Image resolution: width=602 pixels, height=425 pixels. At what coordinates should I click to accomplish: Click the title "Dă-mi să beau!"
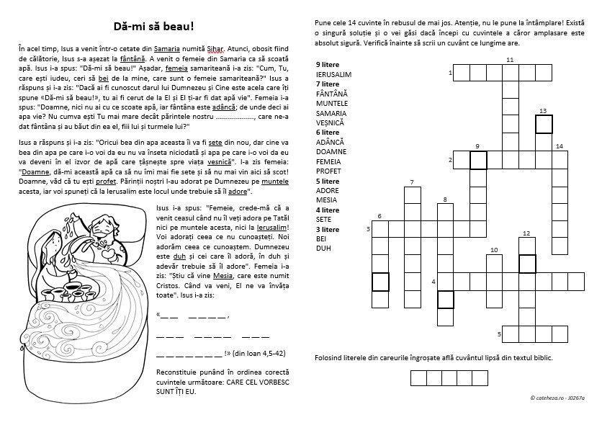[x=154, y=27]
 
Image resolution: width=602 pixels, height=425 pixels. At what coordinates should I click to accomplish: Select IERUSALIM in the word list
[x=333, y=74]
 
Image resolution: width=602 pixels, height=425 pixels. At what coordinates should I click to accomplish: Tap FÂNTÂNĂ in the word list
[x=331, y=94]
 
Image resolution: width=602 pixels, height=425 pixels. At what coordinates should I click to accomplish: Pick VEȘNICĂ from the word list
[x=331, y=123]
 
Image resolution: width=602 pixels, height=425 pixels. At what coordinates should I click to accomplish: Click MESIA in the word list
[x=326, y=200]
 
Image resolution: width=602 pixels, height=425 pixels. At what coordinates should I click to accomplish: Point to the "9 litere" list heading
[x=328, y=65]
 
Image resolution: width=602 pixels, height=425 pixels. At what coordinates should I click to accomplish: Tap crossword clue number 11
[x=510, y=60]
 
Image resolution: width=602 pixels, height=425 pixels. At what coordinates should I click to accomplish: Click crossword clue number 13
[x=543, y=110]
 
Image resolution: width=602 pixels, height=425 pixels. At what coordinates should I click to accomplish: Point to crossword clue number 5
[x=499, y=335]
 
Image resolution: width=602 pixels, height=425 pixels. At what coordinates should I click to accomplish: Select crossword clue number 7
[x=412, y=182]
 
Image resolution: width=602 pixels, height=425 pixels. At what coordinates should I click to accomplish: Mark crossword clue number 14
[x=560, y=147]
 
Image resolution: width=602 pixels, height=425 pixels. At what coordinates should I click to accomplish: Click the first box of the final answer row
[x=419, y=378]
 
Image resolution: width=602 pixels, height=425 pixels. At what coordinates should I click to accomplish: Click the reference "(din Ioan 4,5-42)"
[x=260, y=353]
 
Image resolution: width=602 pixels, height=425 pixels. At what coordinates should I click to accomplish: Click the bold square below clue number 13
[x=544, y=125]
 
